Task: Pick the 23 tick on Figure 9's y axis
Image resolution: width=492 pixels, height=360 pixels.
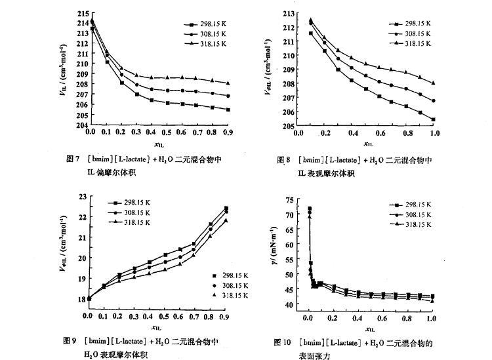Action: pos(82,196)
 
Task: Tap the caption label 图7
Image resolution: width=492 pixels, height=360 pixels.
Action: pos(73,159)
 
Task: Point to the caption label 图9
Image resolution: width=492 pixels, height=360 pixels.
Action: pos(70,341)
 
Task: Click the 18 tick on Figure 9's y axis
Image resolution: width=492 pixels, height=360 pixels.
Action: pos(82,299)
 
